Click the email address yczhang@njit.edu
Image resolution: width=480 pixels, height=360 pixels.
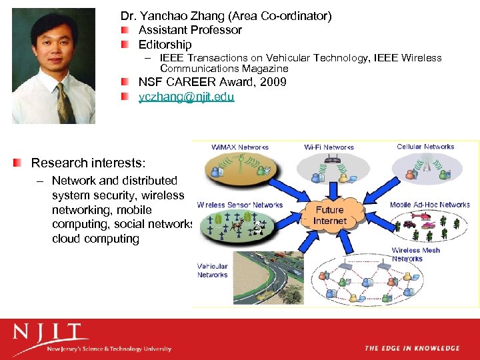pyautogui.click(x=186, y=97)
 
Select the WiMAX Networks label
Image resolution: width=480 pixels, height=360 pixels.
pyautogui.click(x=239, y=147)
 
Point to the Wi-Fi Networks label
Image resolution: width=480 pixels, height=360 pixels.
pyautogui.click(x=329, y=147)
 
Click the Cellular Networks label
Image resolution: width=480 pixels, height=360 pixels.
pyautogui.click(x=425, y=147)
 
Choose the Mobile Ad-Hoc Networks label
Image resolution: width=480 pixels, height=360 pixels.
pyautogui.click(x=430, y=205)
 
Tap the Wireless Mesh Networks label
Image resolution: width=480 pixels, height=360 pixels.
pyautogui.click(x=416, y=255)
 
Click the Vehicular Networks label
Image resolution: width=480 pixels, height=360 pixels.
pyautogui.click(x=212, y=271)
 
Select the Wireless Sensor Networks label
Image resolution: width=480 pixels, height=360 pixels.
pyautogui.click(x=240, y=205)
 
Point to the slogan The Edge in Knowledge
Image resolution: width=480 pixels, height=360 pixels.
pyautogui.click(x=411, y=348)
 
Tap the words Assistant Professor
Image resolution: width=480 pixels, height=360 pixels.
pyautogui.click(x=190, y=30)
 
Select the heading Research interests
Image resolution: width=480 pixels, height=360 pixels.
pyautogui.click(x=88, y=163)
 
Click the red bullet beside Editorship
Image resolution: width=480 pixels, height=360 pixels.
pyautogui.click(x=125, y=45)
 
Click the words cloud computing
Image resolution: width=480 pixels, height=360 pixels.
pyautogui.click(x=95, y=239)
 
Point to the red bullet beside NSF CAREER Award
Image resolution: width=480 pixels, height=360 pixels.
pyautogui.click(x=125, y=82)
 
